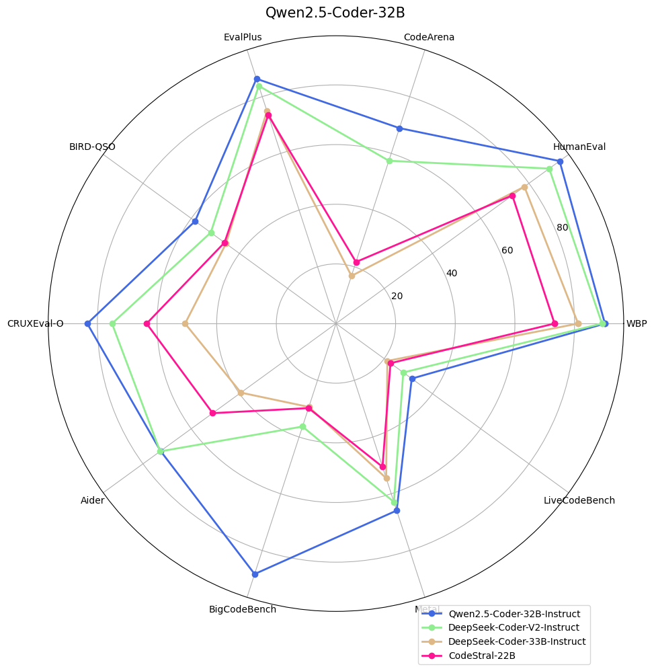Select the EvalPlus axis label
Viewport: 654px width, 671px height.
point(243,37)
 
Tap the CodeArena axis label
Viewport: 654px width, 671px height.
point(429,37)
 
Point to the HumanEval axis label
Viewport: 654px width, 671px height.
point(579,147)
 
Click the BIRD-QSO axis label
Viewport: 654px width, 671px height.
point(92,147)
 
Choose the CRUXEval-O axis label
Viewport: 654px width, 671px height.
point(36,323)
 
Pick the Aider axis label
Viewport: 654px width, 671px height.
point(92,500)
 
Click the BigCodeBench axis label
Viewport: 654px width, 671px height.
point(243,610)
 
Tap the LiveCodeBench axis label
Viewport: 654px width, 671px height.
point(579,500)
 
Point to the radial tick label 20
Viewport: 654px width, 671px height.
point(397,297)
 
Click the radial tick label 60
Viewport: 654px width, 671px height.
point(507,251)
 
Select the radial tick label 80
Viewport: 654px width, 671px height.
point(563,228)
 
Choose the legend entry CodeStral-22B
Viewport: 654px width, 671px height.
point(482,656)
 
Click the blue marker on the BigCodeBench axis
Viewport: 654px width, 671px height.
point(255,574)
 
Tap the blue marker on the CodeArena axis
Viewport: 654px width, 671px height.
point(399,128)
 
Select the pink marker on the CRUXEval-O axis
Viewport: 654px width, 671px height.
point(147,323)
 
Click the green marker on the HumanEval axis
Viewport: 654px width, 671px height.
point(549,169)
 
